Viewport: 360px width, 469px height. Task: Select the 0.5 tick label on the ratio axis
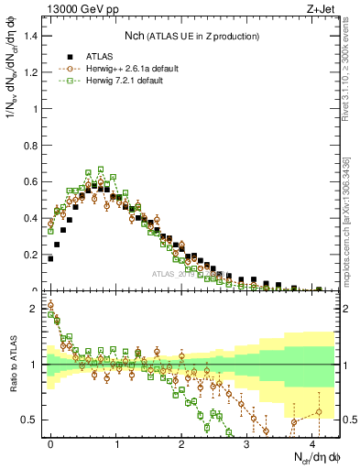pos(34,420)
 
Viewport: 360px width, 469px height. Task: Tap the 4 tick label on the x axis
pos(312,443)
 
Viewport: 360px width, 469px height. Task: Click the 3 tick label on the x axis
pos(247,443)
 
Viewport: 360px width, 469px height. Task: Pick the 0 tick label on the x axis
pos(50,443)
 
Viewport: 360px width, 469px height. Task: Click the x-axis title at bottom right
pos(315,457)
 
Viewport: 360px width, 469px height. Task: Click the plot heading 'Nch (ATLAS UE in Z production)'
pos(192,35)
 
